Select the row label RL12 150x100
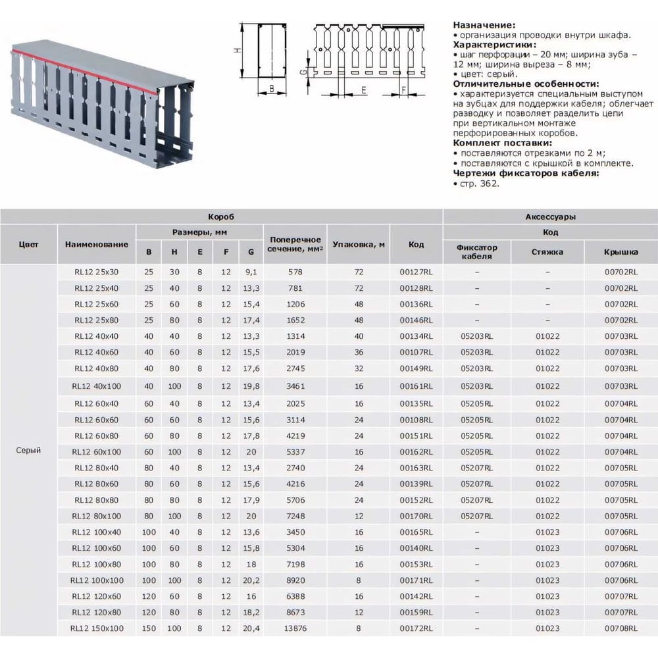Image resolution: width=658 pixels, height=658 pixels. point(97,629)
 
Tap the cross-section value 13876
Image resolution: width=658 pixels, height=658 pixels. point(295,629)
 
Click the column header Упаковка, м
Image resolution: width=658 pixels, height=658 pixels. point(359,245)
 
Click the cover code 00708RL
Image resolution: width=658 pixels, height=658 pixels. point(621,629)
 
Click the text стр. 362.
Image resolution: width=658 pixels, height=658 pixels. point(479,184)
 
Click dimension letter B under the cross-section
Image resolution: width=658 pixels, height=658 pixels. point(270,86)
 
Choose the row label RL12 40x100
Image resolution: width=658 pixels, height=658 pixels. point(97,386)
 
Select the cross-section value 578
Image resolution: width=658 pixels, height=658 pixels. point(295,271)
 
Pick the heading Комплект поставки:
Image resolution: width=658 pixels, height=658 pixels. point(502,142)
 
